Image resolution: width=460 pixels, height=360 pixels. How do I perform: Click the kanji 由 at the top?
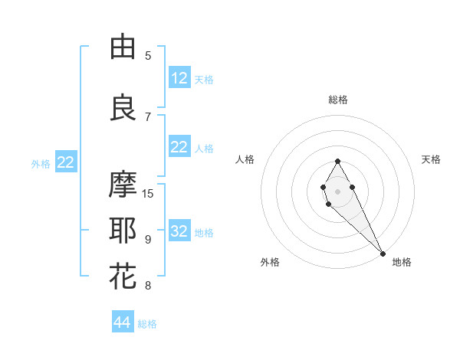coord(123,47)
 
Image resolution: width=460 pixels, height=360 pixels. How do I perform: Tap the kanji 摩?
coord(123,185)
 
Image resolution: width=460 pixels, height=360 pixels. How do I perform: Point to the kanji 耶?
coord(123,231)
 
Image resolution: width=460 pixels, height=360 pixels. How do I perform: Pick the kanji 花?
coord(123,277)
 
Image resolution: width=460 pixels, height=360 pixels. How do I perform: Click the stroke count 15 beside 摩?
coord(148,194)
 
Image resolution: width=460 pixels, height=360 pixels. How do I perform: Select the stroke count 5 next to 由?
coord(148,56)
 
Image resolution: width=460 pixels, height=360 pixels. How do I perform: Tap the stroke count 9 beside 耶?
coord(148,240)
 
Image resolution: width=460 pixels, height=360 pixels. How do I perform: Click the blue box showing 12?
coord(179,78)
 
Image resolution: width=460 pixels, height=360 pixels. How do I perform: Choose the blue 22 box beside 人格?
coord(179,147)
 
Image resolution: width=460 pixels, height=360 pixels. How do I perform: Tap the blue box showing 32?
coord(179,231)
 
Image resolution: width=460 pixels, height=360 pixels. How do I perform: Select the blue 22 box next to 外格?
coord(66,162)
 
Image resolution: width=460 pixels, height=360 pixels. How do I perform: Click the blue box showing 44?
coord(123,322)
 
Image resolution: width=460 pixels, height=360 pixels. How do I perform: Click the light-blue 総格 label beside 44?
coord(147,324)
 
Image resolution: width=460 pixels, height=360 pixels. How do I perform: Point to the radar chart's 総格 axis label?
coord(337,100)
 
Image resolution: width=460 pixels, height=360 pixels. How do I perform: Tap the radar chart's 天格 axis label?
coord(431,159)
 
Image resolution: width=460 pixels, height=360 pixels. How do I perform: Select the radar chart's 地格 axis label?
coord(402,262)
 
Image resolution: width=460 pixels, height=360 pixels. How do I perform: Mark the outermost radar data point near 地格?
coord(383,253)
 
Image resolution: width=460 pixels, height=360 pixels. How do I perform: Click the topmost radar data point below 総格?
coord(337,161)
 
